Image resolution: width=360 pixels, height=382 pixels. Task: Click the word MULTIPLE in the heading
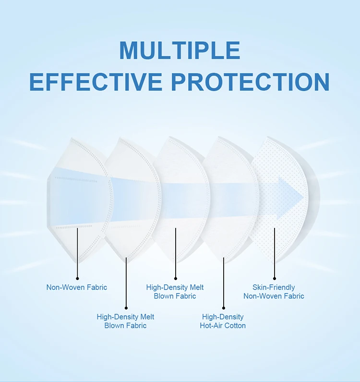180,50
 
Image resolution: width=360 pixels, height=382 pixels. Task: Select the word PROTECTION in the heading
250,82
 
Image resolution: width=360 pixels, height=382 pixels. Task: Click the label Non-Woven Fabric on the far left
77,287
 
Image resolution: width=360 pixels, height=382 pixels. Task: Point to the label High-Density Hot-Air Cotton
223,321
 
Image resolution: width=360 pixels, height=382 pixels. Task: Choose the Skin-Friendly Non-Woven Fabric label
274,292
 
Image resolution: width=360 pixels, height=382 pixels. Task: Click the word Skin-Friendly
274,287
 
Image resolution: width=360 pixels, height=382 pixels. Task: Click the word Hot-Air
212,325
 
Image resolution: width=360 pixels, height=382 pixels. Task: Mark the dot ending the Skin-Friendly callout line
275,278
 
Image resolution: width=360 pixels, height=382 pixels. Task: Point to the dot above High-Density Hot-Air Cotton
224,308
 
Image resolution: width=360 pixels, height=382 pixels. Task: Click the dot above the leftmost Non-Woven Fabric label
77,278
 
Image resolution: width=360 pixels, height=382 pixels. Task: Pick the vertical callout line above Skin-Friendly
275,252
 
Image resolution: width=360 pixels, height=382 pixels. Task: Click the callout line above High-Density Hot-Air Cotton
224,283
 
